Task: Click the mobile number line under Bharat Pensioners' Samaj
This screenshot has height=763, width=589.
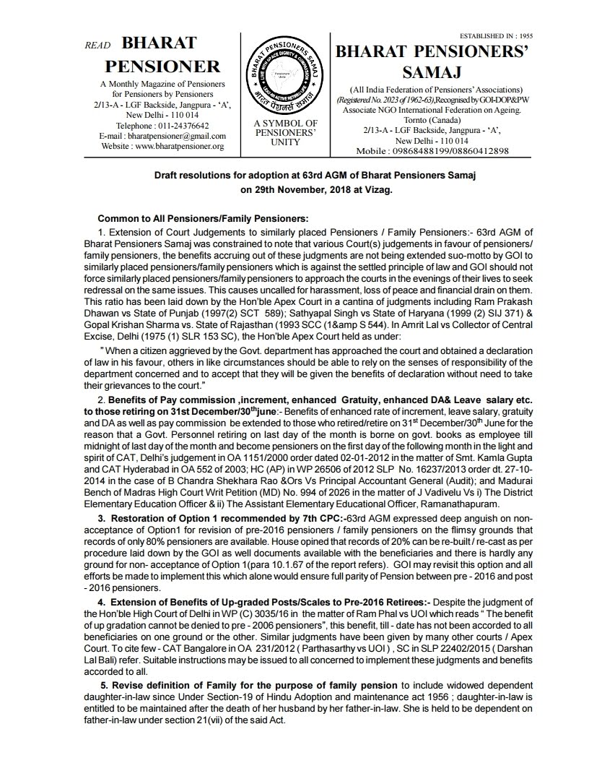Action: pyautogui.click(x=432, y=151)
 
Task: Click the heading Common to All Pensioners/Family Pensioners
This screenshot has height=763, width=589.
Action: pyautogui.click(x=203, y=218)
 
